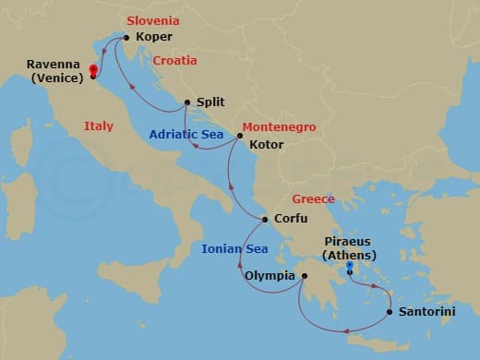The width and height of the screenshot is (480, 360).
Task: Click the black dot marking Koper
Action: (x=126, y=38)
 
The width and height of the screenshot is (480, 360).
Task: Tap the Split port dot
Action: (x=187, y=103)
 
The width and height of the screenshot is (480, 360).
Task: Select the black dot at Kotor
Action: (x=240, y=137)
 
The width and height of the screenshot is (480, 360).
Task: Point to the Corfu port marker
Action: (x=266, y=220)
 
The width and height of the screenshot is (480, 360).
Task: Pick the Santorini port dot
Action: (x=390, y=312)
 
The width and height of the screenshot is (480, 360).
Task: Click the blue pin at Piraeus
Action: (x=350, y=269)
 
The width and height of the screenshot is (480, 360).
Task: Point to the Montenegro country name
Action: (x=280, y=126)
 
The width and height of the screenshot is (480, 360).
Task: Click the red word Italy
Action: (x=99, y=126)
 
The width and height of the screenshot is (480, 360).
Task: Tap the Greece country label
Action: (x=313, y=199)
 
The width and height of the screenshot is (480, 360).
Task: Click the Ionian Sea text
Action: (x=234, y=249)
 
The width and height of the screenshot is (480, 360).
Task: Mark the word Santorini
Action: (x=426, y=312)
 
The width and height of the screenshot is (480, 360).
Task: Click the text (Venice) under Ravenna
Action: (x=55, y=78)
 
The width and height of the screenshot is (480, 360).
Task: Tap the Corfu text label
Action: (x=291, y=220)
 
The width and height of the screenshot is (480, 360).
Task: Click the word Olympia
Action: (x=270, y=275)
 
